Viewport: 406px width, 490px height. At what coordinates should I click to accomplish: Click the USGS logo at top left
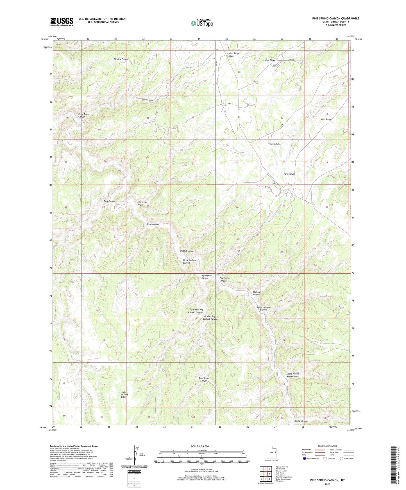point(62,21)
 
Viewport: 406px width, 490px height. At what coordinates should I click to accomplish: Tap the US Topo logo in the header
point(201,23)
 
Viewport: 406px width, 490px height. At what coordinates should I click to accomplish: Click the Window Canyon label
point(121,59)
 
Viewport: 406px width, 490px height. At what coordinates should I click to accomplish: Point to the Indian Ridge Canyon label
point(233,55)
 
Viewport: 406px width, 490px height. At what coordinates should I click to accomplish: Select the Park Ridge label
point(326,119)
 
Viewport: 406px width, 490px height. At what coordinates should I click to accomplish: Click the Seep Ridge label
point(275,144)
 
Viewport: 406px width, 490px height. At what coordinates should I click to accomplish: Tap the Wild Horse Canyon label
point(142,203)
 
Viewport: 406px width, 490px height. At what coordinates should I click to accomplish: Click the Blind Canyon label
point(153,224)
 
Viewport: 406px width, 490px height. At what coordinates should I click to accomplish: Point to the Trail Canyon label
point(109,201)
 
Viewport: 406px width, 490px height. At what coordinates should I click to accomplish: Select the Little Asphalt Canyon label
point(189,262)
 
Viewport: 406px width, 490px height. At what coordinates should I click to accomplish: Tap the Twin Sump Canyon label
point(204,379)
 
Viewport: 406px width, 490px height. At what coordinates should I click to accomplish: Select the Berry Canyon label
point(301,421)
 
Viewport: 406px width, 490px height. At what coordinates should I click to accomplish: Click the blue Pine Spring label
point(278,214)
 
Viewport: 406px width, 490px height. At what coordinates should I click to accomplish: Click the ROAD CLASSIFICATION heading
point(327,446)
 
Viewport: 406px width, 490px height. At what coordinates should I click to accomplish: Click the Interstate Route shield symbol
point(305,459)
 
